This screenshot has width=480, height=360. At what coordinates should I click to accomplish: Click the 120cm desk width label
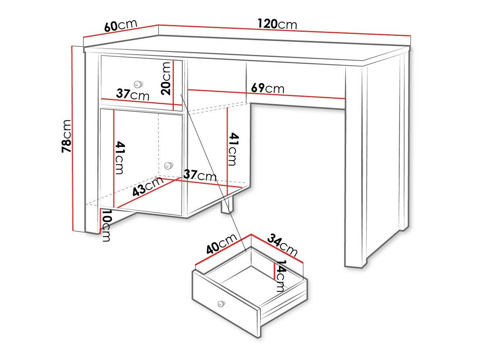[x=277, y=24]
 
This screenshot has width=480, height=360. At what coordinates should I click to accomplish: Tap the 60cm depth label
[x=121, y=25]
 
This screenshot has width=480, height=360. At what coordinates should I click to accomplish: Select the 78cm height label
[x=66, y=136]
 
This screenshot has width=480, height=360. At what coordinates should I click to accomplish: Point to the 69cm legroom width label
[x=267, y=89]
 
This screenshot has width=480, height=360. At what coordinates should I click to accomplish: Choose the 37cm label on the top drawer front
[x=132, y=95]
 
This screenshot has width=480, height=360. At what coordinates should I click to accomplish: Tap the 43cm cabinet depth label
[x=148, y=187]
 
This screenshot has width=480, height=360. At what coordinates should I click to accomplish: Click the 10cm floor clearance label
[x=106, y=226]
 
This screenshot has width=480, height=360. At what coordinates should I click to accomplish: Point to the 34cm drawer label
[x=282, y=245]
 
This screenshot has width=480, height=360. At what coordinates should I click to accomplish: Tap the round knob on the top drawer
[x=138, y=84]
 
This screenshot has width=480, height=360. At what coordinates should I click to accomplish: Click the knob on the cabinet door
[x=168, y=165]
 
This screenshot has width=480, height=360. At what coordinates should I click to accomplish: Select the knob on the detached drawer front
[x=221, y=304]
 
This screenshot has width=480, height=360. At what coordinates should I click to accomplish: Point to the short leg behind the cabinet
[x=228, y=206]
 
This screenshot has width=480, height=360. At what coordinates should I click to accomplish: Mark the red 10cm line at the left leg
[x=100, y=220]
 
